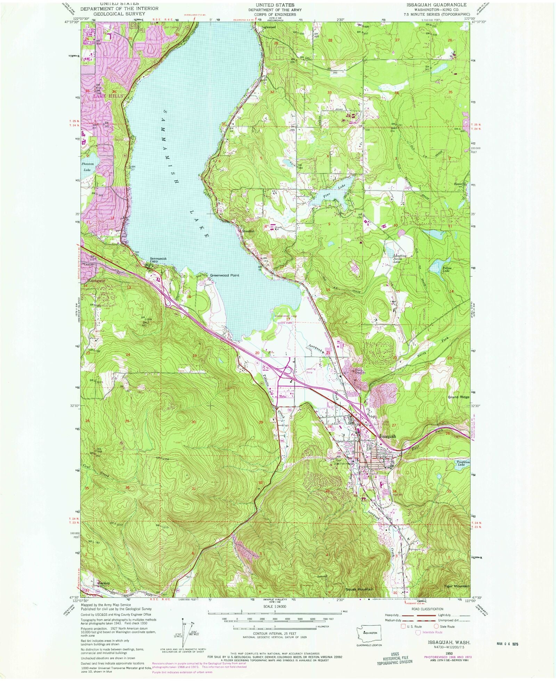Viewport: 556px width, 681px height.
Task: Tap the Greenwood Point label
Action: coord(224,275)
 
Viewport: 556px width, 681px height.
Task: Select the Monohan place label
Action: coord(248,231)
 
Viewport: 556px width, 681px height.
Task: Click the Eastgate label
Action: coord(96,280)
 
